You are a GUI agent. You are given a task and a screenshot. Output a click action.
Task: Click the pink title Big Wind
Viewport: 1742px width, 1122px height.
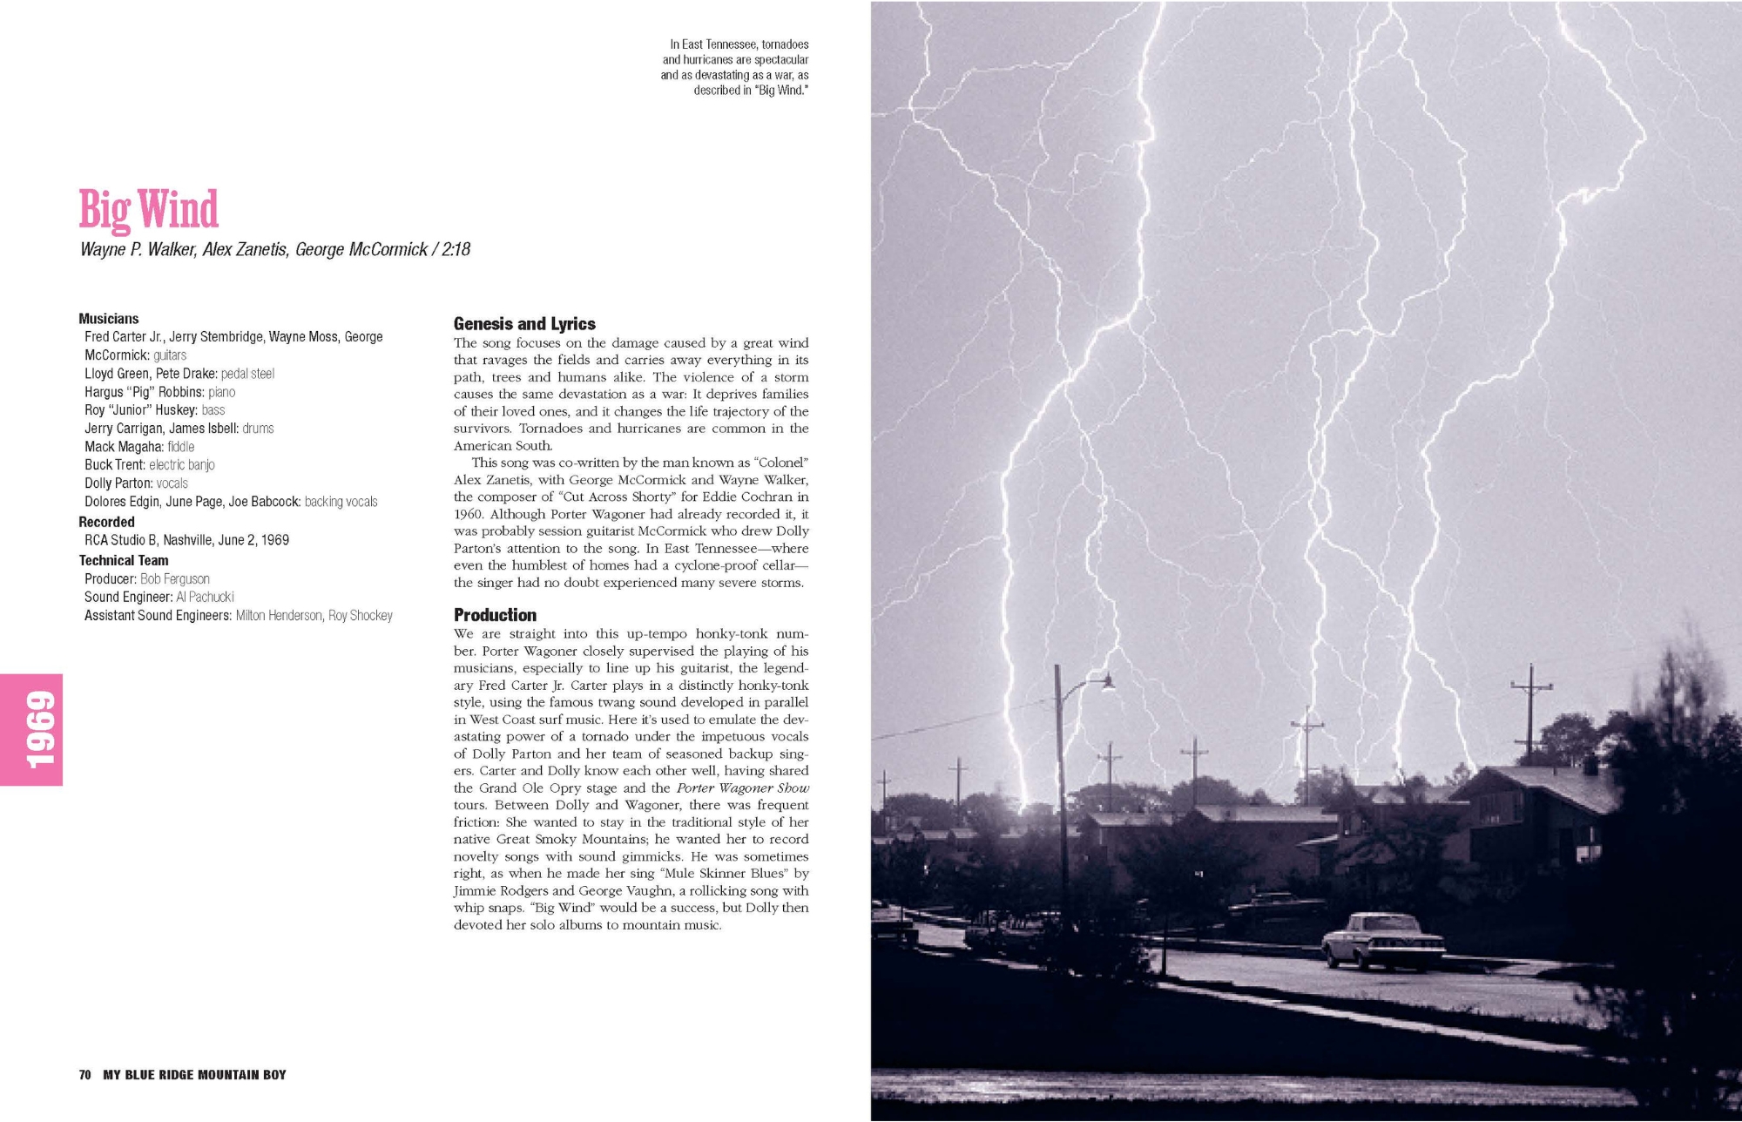148,210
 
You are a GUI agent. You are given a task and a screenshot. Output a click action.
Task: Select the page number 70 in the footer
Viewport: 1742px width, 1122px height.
84,1075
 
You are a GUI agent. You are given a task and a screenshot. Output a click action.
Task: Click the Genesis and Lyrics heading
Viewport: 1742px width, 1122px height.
524,324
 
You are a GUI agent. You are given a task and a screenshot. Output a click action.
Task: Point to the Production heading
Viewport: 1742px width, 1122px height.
495,615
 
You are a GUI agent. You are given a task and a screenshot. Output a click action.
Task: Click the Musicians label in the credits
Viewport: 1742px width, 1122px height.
109,319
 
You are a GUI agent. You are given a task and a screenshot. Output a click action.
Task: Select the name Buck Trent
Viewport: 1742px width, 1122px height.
114,465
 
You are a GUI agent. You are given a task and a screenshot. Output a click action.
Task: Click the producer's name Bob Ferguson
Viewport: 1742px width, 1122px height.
175,579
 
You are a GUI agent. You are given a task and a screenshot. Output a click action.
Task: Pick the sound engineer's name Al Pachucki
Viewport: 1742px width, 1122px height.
205,598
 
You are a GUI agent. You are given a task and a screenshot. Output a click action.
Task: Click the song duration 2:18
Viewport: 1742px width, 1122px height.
456,250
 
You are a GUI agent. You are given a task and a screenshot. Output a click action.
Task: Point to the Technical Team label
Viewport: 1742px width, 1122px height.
124,561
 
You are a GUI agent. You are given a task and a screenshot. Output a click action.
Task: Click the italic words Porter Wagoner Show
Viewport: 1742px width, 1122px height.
742,788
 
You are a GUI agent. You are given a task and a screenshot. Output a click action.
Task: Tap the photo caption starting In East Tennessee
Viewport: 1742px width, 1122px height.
735,67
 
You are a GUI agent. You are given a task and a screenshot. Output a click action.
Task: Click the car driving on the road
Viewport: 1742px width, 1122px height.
1382,941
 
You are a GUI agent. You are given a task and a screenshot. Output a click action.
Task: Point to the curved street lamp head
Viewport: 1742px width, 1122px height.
1104,683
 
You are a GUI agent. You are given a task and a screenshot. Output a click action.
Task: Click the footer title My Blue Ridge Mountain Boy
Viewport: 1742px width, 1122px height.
194,1075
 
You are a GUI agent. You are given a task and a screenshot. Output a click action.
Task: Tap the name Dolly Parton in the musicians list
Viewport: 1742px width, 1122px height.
118,483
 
